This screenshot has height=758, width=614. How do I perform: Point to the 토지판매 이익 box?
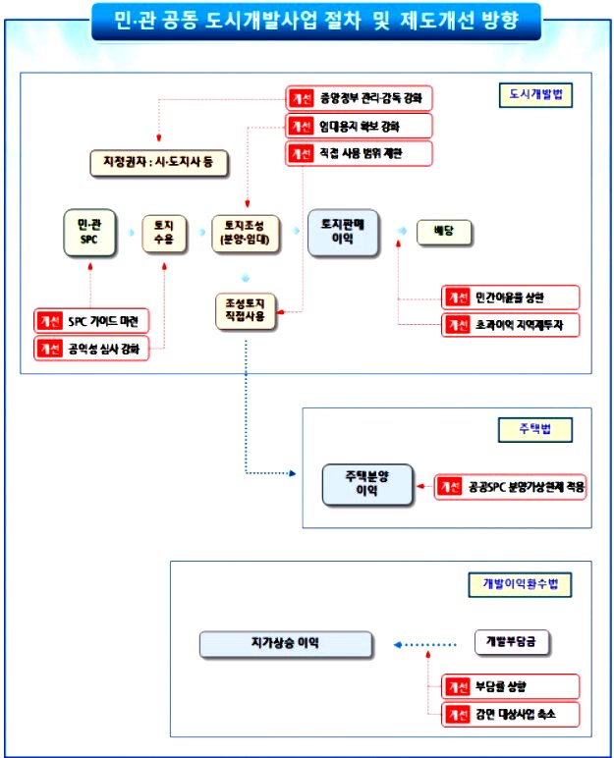(x=343, y=233)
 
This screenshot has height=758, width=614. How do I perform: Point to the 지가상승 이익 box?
(x=286, y=644)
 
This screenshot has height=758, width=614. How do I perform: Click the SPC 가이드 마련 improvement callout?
(x=91, y=320)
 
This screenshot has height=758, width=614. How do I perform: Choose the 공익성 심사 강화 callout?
(x=91, y=348)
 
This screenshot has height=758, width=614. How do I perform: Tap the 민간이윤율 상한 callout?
(x=510, y=297)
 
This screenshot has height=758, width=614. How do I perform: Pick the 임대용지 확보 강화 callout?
(x=359, y=126)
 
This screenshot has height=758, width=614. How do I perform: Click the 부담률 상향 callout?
(x=510, y=685)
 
